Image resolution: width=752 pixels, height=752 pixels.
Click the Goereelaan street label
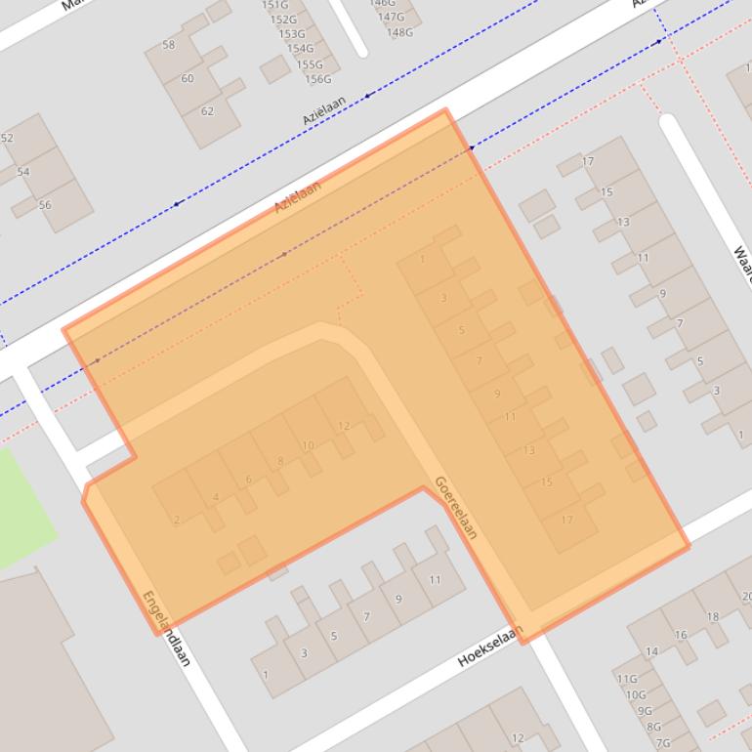pos(455,508)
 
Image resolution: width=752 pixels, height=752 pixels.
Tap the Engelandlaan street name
pos(165,628)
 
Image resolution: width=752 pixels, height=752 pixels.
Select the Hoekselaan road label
pos(490,647)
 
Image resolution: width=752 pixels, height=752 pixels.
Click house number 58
pos(169,45)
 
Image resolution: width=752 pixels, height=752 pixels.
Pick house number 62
pos(207,111)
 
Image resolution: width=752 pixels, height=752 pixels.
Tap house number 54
pos(23,172)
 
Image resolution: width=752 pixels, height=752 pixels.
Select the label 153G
pos(292,34)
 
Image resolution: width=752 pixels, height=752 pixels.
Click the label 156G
pos(318,79)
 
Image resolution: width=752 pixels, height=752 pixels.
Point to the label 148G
pos(399,32)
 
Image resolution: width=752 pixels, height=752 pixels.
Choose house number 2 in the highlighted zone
pos(177,520)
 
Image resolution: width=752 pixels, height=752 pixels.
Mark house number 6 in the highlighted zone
pos(249,479)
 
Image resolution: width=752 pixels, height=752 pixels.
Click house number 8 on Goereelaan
pos(280,462)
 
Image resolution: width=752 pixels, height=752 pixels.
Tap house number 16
pos(681,635)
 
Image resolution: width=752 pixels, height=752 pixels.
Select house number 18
pos(713,616)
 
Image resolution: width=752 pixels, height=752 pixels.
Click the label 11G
pos(626,679)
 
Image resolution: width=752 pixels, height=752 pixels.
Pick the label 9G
pos(645,711)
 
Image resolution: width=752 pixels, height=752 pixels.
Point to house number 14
pos(651,651)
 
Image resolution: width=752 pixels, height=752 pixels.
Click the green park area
pos(21,508)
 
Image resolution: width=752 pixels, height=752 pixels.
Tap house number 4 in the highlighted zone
pos(216,497)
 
